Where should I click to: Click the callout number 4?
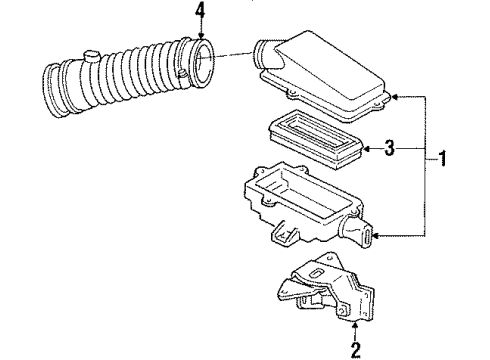click(x=200, y=11)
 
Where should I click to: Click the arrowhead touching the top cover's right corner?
click(x=395, y=96)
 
